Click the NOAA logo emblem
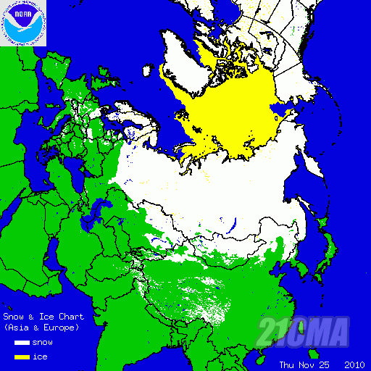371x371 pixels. (24, 23)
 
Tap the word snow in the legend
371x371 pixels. (43, 342)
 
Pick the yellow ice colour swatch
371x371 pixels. (21, 357)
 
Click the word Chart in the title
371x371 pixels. (72, 317)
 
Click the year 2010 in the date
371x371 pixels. (354, 364)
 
